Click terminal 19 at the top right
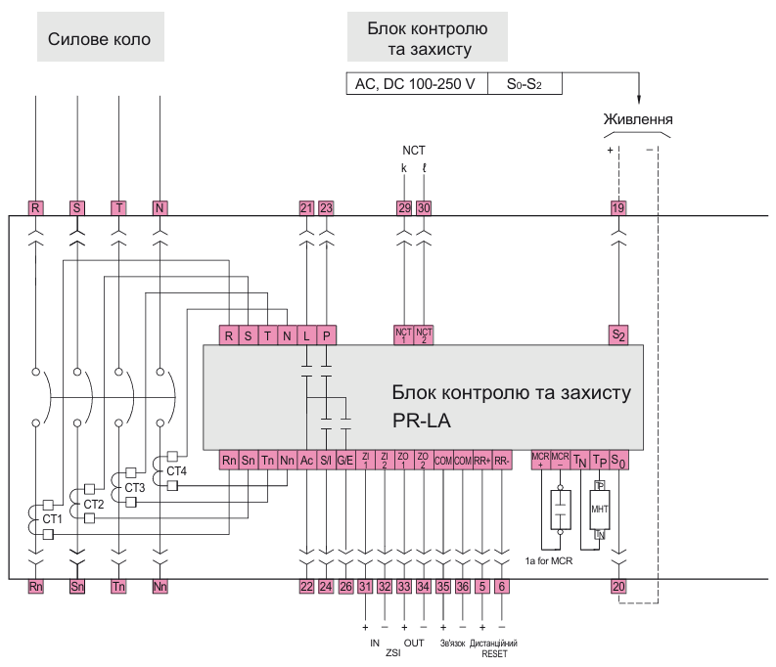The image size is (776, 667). point(617,207)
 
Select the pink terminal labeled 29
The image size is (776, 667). point(404,207)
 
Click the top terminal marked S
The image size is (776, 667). point(76,207)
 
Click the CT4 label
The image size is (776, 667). point(176,471)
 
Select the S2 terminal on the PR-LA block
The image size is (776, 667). point(617,334)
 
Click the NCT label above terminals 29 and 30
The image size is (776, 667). point(414,150)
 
